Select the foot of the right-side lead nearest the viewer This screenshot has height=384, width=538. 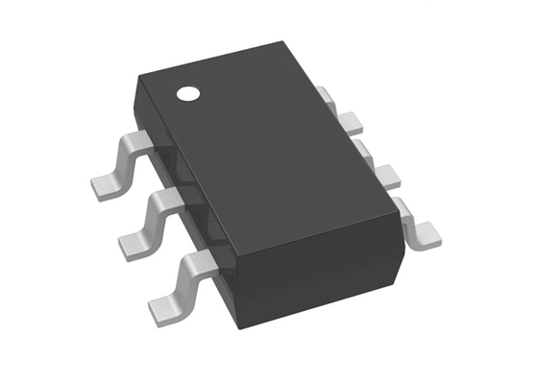tap(424, 230)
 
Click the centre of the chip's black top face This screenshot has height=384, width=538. tap(264, 144)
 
